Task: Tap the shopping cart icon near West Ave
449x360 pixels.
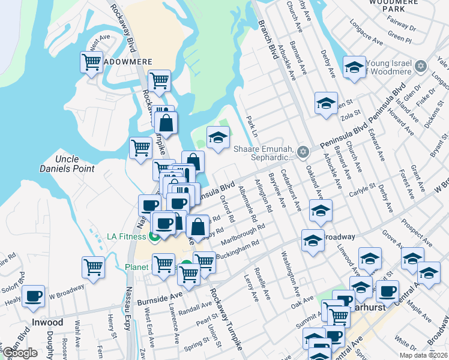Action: [x=91, y=62]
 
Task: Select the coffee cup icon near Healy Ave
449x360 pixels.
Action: [x=34, y=296]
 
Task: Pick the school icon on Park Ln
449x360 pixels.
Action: [x=218, y=137]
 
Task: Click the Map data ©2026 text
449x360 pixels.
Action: [x=422, y=355]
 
